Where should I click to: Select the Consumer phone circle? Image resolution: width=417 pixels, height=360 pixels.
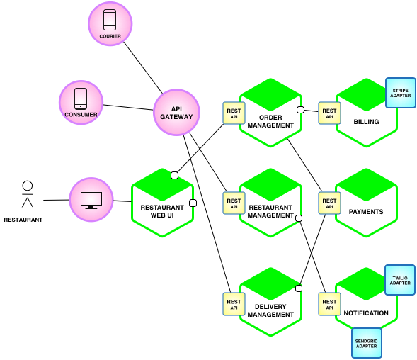[x=81, y=102]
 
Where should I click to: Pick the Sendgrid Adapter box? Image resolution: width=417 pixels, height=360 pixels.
[x=366, y=342]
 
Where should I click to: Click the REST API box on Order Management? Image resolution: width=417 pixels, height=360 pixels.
[x=234, y=113]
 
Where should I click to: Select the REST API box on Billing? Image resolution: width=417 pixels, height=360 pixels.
[x=329, y=113]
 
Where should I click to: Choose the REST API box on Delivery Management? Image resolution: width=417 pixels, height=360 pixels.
[x=234, y=304]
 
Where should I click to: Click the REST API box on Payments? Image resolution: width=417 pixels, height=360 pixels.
[x=329, y=203]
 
